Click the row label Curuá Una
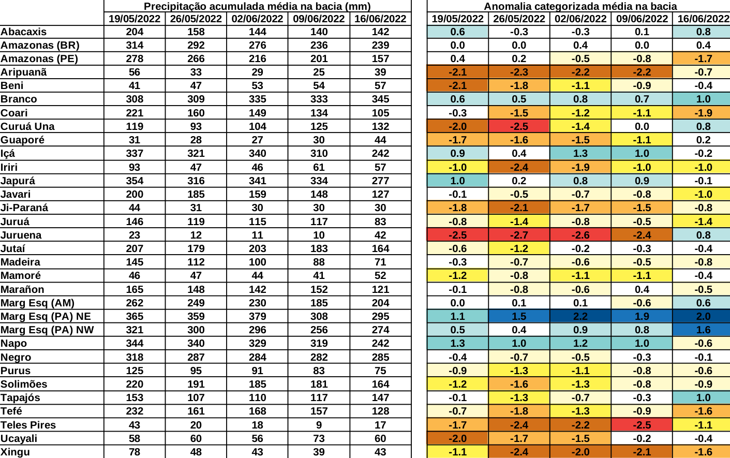(27, 126)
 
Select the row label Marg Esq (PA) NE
(46, 316)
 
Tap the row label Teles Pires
(28, 425)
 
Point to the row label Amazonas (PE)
(39, 58)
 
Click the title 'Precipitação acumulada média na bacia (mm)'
(257, 6)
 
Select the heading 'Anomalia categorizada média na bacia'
(580, 6)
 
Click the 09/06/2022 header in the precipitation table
(319, 19)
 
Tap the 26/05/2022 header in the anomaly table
(519, 19)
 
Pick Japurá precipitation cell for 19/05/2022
(135, 181)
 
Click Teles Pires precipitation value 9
(319, 425)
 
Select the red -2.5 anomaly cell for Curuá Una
(519, 126)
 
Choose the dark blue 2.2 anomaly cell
(580, 316)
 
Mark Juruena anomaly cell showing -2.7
(519, 235)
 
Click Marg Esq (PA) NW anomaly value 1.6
(703, 330)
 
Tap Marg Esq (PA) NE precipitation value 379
(257, 316)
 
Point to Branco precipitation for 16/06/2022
(380, 99)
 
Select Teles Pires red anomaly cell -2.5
(642, 425)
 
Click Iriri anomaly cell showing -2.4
(519, 167)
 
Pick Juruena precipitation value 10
(319, 235)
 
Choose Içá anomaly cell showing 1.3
(580, 153)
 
